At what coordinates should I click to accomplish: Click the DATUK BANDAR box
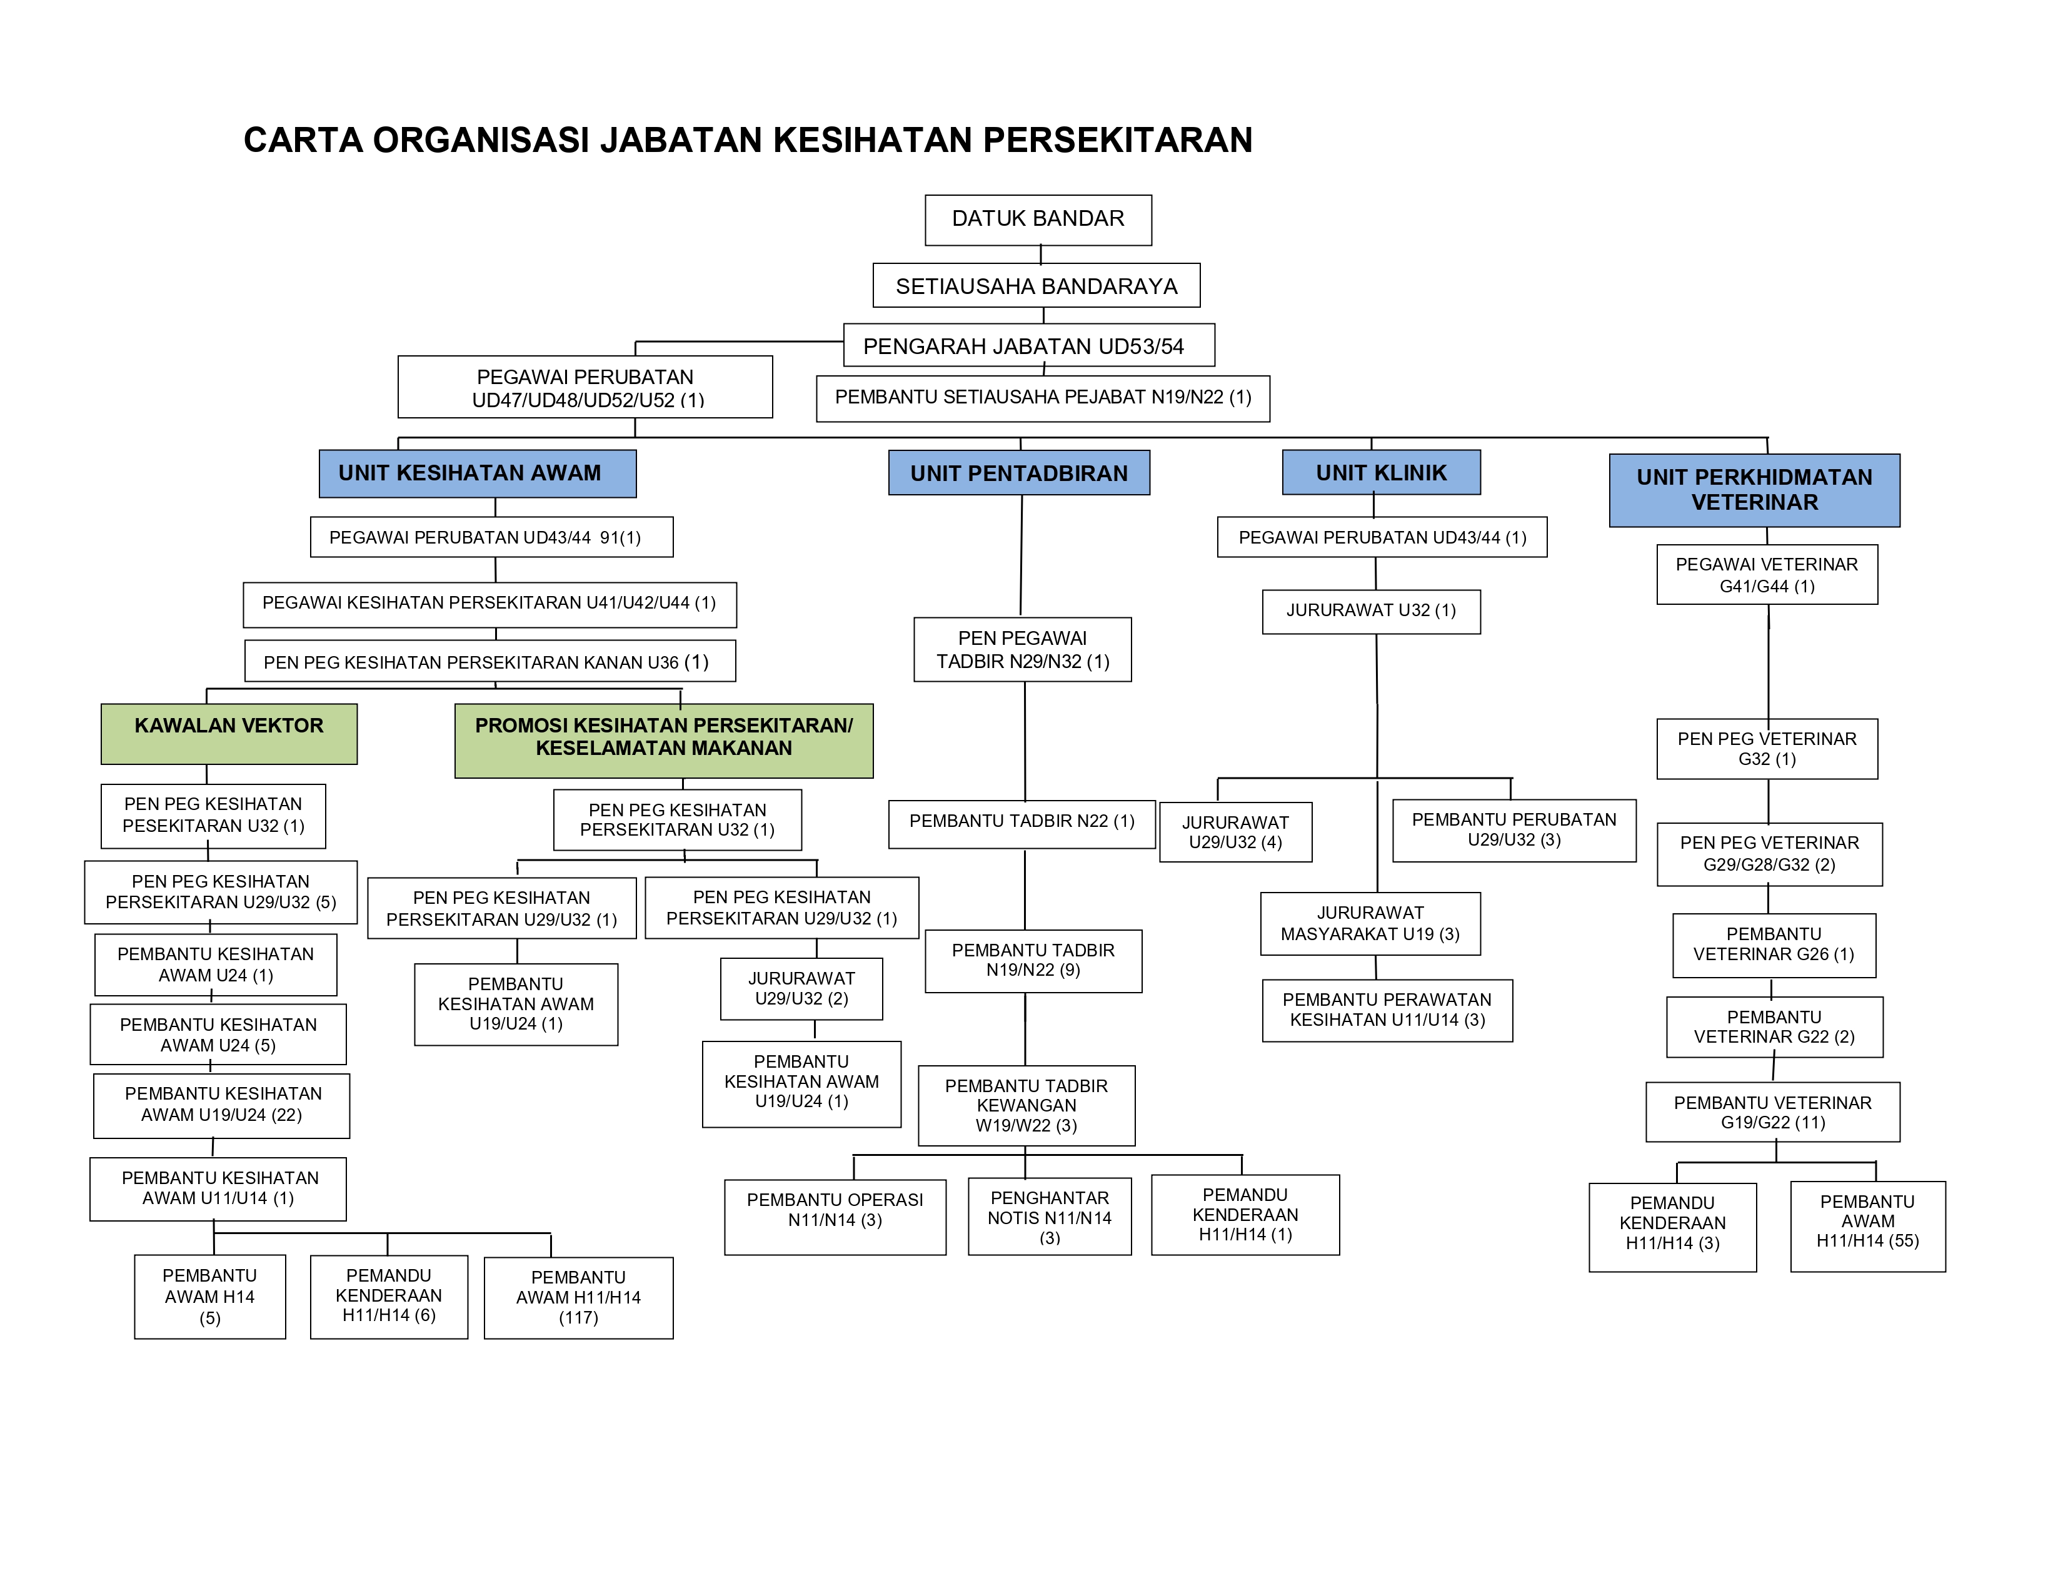tap(1038, 220)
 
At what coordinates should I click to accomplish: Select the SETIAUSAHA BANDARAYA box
tap(1037, 285)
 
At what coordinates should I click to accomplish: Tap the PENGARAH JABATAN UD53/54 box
tap(1028, 346)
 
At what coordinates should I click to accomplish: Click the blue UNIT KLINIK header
tap(1381, 472)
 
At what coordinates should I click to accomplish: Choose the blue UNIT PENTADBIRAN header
tap(1019, 472)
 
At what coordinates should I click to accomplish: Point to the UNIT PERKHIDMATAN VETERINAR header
tap(1754, 490)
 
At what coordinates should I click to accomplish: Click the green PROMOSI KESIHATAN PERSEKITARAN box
tap(664, 741)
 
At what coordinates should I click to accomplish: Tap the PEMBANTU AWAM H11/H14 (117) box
tap(578, 1297)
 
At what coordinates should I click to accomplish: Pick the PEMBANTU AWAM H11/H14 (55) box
tap(1867, 1227)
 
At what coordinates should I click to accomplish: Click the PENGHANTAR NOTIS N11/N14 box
tap(1050, 1216)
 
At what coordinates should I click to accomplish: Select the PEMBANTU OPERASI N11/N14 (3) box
tap(835, 1217)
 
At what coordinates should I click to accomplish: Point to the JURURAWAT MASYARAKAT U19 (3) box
tap(1370, 924)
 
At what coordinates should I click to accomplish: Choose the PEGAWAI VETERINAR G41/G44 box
tap(1767, 574)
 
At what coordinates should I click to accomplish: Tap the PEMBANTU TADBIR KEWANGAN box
tap(1026, 1105)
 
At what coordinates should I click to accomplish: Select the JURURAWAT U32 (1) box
tap(1370, 611)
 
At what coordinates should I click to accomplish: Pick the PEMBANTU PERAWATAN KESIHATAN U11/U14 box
tap(1387, 1010)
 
